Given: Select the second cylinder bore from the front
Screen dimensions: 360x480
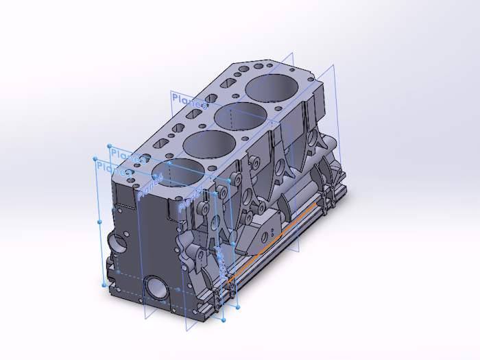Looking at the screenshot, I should point(206,145).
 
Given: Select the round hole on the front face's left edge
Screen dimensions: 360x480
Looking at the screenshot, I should point(117,243).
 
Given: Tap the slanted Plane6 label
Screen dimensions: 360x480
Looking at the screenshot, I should point(150,187).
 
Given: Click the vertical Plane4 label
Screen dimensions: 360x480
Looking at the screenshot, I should point(221,257).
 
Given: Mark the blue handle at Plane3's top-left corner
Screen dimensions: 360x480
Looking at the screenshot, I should point(110,146).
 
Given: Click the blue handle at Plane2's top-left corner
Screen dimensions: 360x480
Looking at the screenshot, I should point(95,159).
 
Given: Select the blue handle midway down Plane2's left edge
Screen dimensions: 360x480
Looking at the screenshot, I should point(99,222).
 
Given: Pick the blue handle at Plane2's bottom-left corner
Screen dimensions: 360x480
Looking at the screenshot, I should point(104,284).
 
